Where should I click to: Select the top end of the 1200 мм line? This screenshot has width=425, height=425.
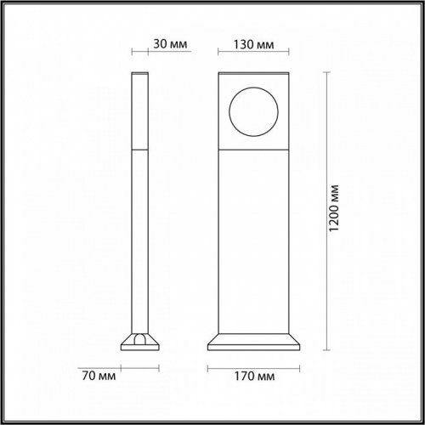(326, 73)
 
